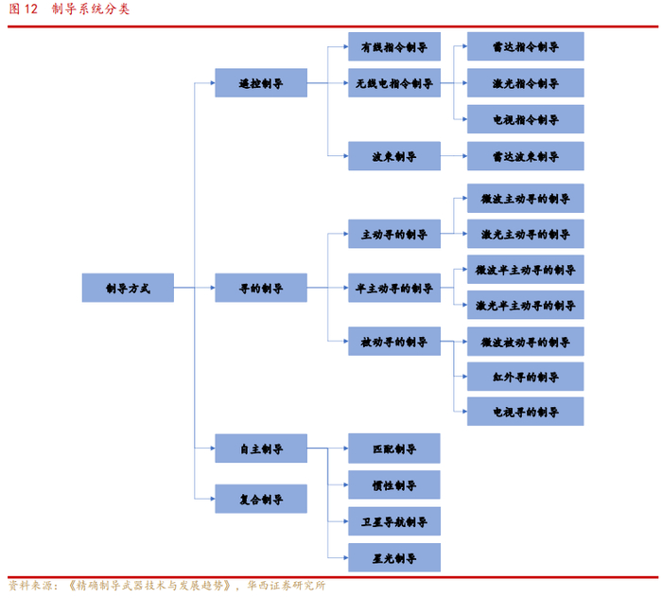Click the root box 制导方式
click(128, 288)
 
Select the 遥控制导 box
click(261, 83)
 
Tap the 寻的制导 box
click(261, 288)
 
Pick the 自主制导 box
click(261, 448)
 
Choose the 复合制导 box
click(261, 499)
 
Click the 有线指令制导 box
click(393, 46)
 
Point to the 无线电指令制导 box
click(393, 83)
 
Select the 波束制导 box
click(393, 156)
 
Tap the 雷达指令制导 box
click(525, 46)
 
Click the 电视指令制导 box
click(525, 119)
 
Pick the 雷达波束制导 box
click(525, 156)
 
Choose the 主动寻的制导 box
click(393, 234)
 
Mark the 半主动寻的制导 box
click(393, 288)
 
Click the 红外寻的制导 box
click(525, 377)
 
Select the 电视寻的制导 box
click(525, 412)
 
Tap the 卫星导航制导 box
click(393, 521)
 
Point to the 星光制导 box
click(393, 557)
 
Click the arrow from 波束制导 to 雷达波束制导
click(454, 156)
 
